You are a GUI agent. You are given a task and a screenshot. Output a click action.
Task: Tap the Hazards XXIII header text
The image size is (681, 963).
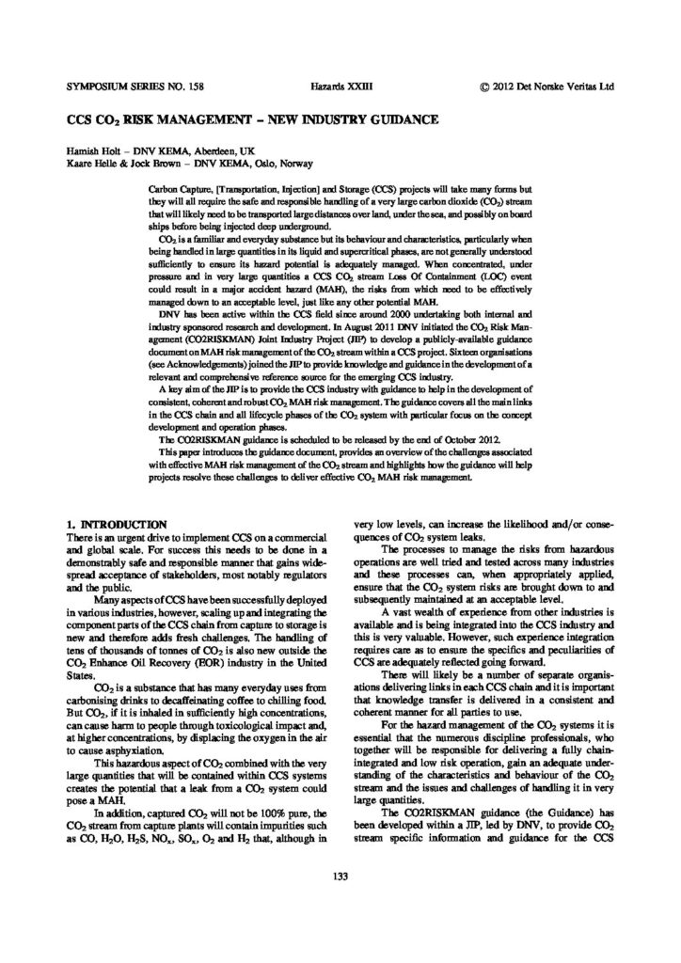click(x=341, y=86)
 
